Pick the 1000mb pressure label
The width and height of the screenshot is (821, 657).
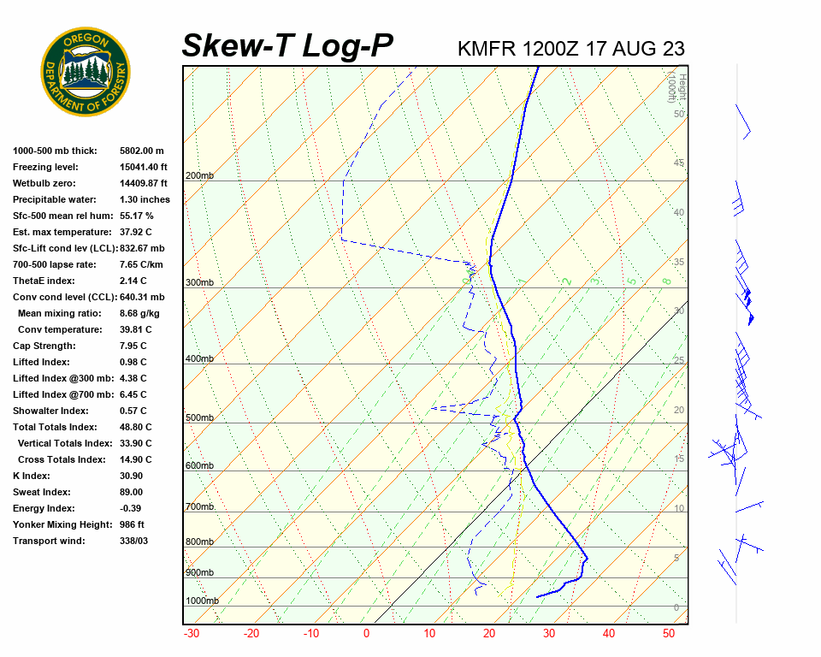pos(202,601)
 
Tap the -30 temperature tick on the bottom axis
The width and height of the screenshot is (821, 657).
pos(192,634)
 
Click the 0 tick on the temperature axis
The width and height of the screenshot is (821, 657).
pos(366,634)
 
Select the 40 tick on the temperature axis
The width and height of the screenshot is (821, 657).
pos(608,634)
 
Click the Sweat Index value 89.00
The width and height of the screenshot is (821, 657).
pos(131,492)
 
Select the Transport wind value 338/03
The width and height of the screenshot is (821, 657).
pos(133,541)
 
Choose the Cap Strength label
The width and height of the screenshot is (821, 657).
pos(44,346)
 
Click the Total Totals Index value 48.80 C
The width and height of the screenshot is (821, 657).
pos(136,427)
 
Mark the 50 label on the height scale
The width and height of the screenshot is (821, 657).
pos(678,114)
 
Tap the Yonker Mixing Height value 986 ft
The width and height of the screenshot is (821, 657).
pos(132,524)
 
